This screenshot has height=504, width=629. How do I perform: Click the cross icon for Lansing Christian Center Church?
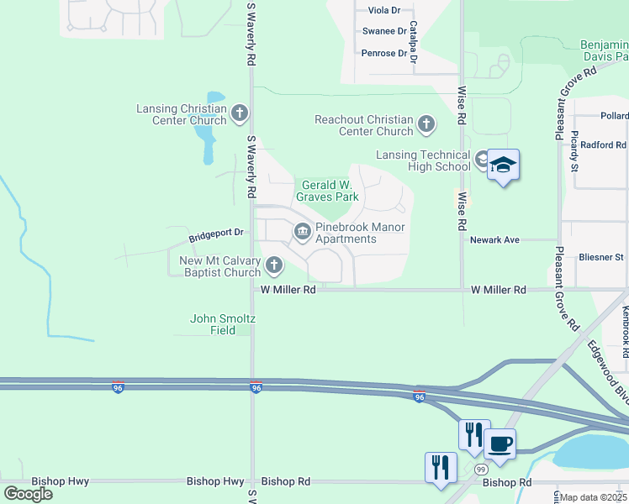coord(240,113)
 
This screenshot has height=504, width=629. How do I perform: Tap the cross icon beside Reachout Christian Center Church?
coord(426,125)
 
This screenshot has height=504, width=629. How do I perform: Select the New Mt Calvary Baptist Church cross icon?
coord(273,266)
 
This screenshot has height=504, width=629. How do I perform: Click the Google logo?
coord(29,494)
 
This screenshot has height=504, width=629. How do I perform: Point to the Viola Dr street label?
coord(384,10)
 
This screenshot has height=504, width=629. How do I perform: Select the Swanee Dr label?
coord(384,31)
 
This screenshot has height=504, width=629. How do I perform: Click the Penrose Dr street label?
coord(384,54)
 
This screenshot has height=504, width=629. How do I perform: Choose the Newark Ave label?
coord(494,239)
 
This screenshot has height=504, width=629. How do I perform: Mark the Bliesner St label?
coord(601,257)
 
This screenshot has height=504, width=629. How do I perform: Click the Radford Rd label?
coord(603,144)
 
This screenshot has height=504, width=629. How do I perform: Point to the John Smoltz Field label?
coord(222,324)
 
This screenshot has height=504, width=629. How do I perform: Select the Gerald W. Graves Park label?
coord(327,191)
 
